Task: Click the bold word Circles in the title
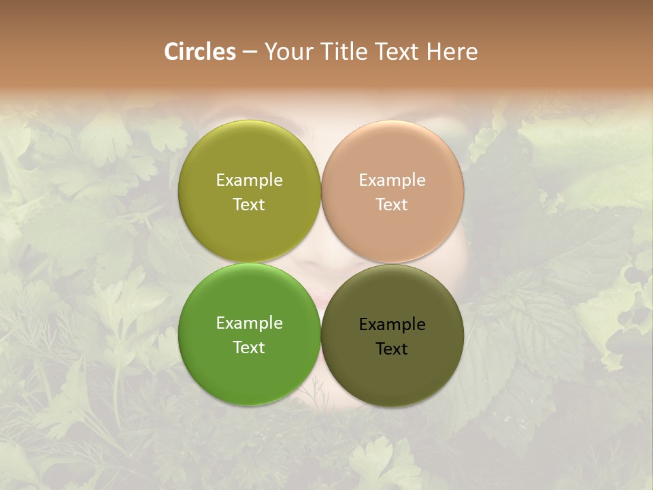pyautogui.click(x=200, y=52)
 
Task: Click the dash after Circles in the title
pyautogui.click(x=250, y=52)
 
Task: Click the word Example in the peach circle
pyautogui.click(x=392, y=180)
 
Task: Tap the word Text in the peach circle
pyautogui.click(x=392, y=204)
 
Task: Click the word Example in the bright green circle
pyautogui.click(x=249, y=323)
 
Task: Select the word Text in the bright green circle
pyautogui.click(x=249, y=347)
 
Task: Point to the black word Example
pyautogui.click(x=392, y=324)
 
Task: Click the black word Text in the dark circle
pyautogui.click(x=392, y=348)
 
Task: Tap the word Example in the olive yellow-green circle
pyautogui.click(x=249, y=180)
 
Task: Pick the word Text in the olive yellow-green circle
pyautogui.click(x=249, y=204)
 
